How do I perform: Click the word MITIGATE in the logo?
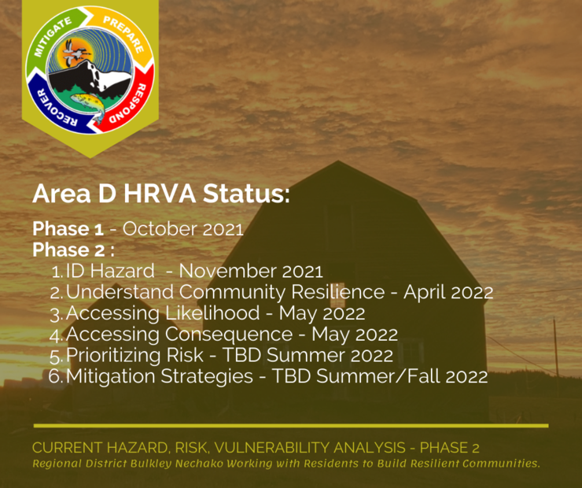(x=53, y=37)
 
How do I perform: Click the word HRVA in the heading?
(x=160, y=194)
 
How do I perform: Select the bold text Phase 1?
(x=68, y=229)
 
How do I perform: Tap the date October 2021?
(x=183, y=229)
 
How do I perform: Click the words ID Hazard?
(x=110, y=271)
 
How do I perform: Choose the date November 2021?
(x=251, y=271)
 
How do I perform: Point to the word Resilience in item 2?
(x=337, y=292)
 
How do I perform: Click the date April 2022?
(x=448, y=293)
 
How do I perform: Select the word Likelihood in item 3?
(x=212, y=312)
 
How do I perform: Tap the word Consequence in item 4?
(x=229, y=335)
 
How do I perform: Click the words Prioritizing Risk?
(x=134, y=356)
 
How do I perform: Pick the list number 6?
(x=55, y=376)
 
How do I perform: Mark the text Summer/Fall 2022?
(x=402, y=376)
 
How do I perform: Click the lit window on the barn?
(x=337, y=301)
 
